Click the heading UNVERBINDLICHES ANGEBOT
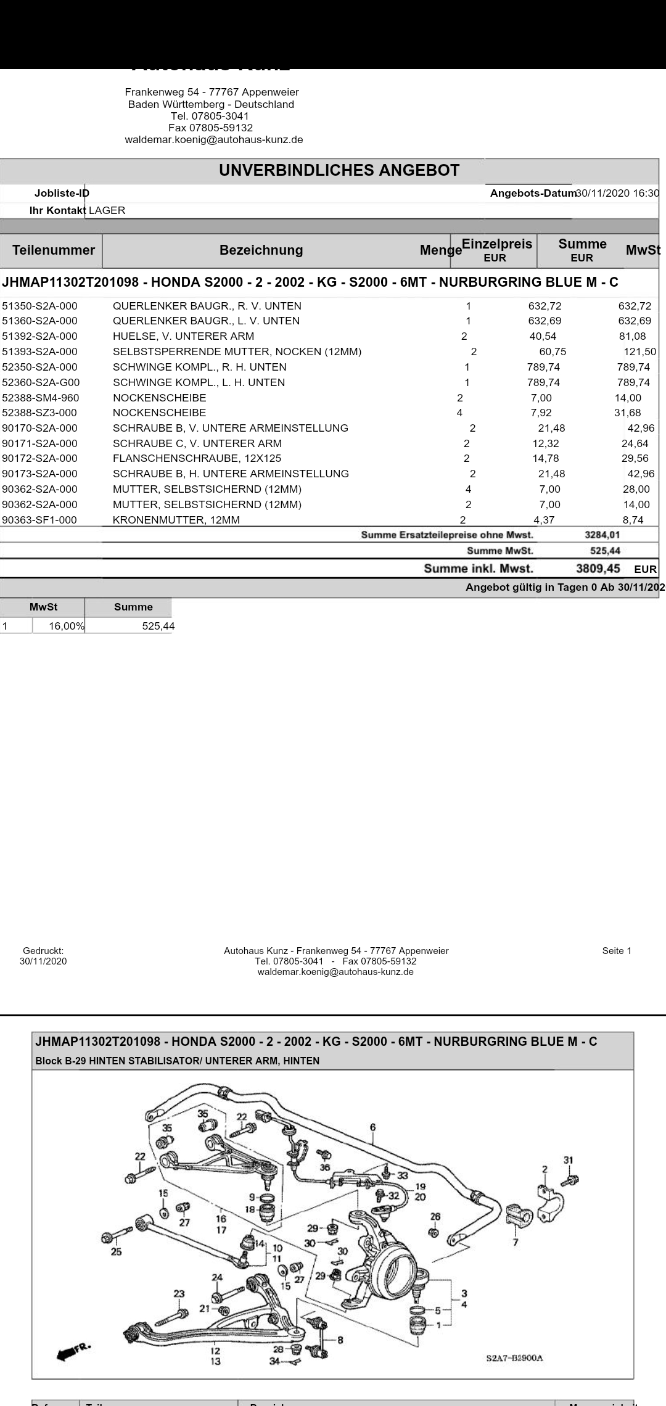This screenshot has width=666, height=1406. (339, 171)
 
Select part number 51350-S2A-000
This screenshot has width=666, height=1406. (40, 306)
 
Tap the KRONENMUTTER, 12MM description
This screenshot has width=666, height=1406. (176, 520)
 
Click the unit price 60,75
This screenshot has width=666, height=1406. (552, 351)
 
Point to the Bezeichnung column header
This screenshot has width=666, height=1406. (261, 250)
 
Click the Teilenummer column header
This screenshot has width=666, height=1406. (54, 250)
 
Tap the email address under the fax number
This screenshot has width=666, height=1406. (214, 139)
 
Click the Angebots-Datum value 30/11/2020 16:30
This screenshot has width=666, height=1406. (617, 193)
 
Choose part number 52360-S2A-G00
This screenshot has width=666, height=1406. (41, 382)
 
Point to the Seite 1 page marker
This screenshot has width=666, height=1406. (617, 950)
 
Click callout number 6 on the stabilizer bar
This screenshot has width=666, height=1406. (372, 1127)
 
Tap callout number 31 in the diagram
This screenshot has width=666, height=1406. (568, 1160)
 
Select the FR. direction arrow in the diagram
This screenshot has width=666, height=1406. (73, 1350)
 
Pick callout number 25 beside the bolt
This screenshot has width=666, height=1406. (116, 1251)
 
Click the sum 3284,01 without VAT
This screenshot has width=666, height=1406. (602, 535)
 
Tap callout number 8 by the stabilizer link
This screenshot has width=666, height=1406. (340, 1339)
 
